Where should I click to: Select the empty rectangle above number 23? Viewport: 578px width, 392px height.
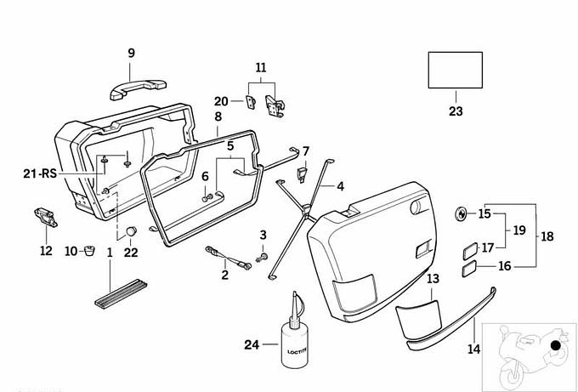(x=454, y=70)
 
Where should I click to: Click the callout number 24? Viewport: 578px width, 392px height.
(x=251, y=344)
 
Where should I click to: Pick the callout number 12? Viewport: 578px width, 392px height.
(x=46, y=250)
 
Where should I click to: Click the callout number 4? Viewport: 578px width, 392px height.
(x=340, y=185)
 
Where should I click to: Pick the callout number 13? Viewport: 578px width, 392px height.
(x=433, y=278)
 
